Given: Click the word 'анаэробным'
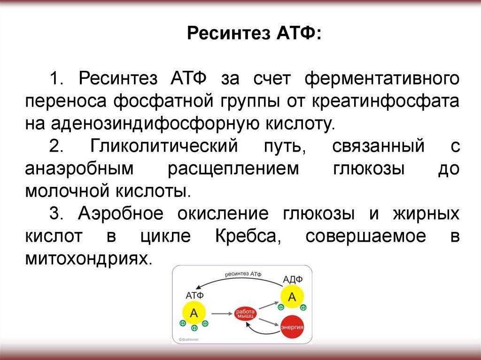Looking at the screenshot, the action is click(x=78, y=169).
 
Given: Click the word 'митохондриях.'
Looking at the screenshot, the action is click(x=89, y=259).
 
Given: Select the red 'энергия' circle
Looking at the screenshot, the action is click(x=291, y=326).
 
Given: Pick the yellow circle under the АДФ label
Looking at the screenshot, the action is click(x=292, y=297).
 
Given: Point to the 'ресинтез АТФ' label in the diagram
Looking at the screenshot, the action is click(x=243, y=274).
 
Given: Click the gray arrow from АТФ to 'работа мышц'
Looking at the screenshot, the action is click(x=220, y=313).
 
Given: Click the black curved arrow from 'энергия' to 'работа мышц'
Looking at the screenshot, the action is click(x=263, y=331).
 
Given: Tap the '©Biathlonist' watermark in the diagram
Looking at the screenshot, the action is click(x=189, y=339).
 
